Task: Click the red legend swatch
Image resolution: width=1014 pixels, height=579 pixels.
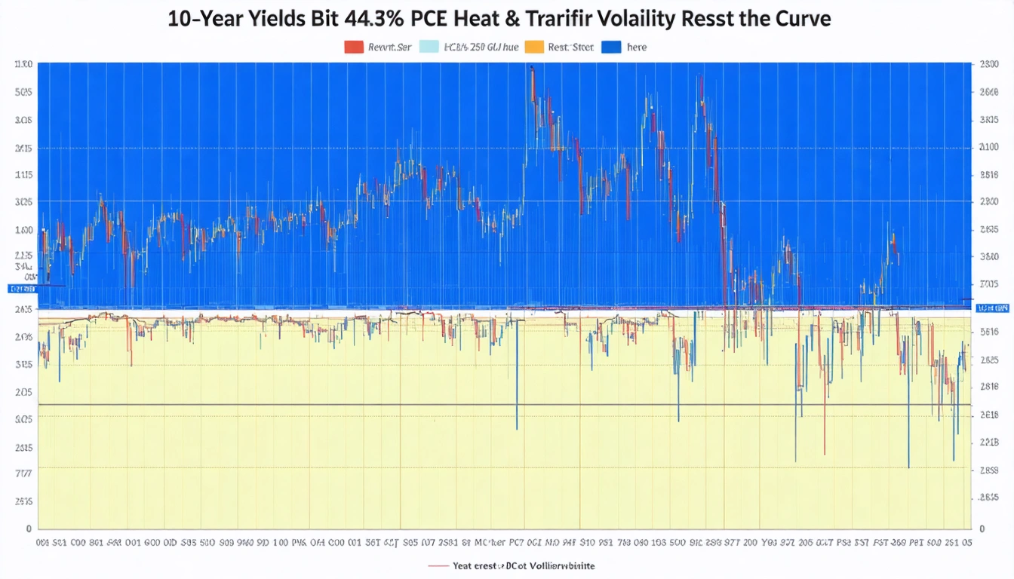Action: pos(354,47)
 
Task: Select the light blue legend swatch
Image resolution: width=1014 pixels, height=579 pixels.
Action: pos(428,47)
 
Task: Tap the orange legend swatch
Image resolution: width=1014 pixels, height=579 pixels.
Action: pos(533,47)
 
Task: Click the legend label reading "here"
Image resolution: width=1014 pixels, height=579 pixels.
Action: pos(636,47)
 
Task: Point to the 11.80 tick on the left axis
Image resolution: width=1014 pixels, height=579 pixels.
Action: pos(23,65)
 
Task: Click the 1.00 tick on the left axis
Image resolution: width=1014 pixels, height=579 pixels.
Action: pos(23,230)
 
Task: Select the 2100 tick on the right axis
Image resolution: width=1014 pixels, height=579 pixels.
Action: pos(988,147)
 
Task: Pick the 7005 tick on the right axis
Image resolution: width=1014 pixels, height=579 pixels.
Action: pos(988,284)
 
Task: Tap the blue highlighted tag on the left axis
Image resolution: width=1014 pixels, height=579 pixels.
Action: pos(21,289)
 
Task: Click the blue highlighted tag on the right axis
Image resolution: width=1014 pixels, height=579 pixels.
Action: pos(992,308)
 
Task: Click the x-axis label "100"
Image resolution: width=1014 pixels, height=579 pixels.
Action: pos(281,542)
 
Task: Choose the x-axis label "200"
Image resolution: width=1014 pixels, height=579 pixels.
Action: pos(750,542)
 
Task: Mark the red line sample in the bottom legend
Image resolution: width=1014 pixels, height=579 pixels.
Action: pos(438,565)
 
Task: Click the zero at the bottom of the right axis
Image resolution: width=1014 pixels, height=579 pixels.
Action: pos(980,528)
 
